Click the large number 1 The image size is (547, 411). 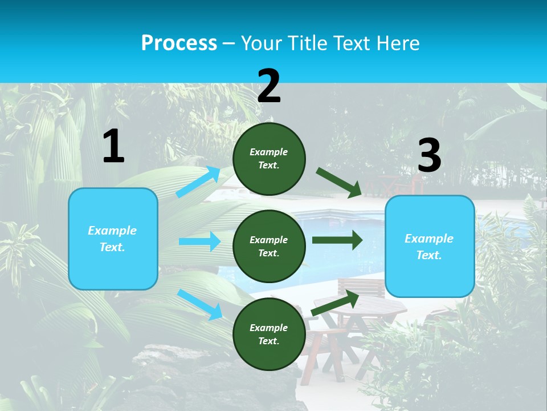[x=113, y=146]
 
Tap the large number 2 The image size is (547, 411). [x=269, y=87]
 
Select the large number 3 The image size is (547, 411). [x=429, y=156]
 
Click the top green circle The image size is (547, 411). [x=269, y=159]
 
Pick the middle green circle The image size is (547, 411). [x=269, y=246]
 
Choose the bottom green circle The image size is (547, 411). [x=269, y=334]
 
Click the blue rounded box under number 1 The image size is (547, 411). [x=113, y=239]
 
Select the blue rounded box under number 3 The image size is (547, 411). [x=430, y=247]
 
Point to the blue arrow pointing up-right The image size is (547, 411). [x=198, y=182]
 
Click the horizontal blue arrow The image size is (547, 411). [x=199, y=241]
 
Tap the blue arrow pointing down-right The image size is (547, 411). [x=199, y=304]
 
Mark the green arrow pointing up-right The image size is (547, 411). [x=335, y=303]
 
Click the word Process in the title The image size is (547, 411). [x=179, y=43]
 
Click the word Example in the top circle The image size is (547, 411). [x=269, y=152]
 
